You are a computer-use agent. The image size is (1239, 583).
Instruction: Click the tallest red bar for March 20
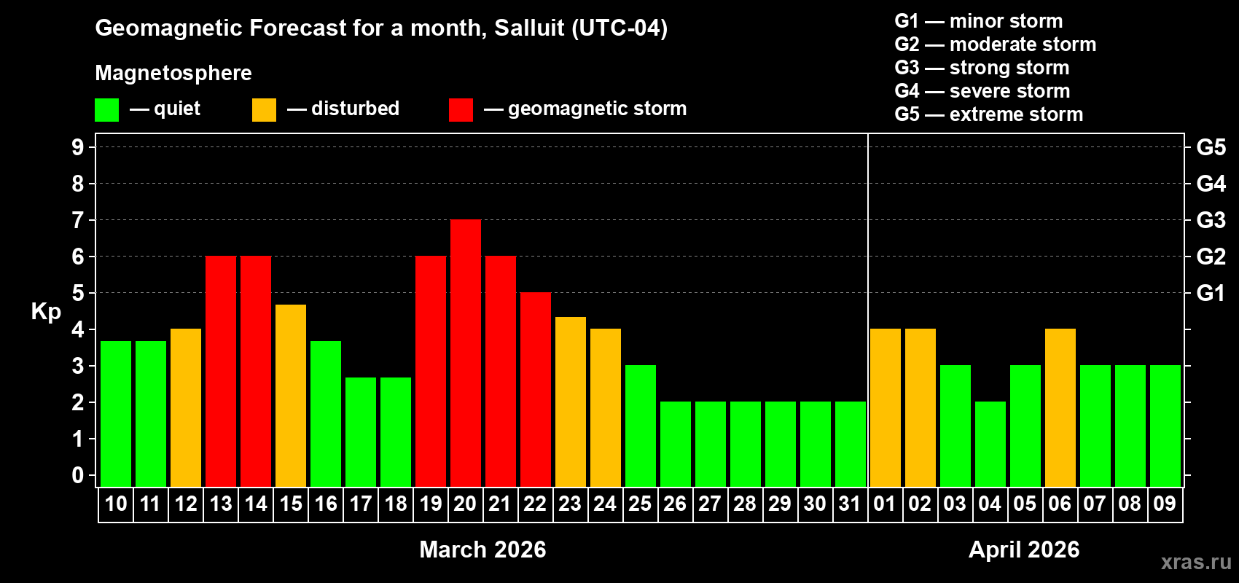click(466, 353)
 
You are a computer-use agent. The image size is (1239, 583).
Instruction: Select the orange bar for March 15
click(291, 395)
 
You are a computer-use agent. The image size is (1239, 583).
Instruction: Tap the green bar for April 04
click(990, 444)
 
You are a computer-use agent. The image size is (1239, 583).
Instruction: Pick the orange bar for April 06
click(1060, 407)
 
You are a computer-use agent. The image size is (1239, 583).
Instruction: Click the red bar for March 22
click(536, 389)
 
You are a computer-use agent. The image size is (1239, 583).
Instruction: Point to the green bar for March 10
click(116, 413)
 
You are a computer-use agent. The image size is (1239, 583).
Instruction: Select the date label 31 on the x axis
click(850, 504)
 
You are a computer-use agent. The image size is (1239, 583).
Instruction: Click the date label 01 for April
click(885, 504)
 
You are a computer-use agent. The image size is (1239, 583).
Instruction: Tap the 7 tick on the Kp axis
click(78, 220)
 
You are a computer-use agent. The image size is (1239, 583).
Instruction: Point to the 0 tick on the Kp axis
click(78, 475)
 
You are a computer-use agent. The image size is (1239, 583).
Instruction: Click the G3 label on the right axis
click(1211, 220)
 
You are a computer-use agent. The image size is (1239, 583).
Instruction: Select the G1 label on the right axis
click(1211, 293)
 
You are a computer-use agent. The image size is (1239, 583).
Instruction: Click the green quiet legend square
click(107, 110)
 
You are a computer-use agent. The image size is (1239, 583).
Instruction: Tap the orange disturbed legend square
click(265, 110)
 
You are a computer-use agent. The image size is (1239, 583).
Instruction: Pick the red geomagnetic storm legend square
click(461, 110)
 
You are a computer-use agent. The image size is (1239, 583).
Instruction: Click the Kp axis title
click(46, 312)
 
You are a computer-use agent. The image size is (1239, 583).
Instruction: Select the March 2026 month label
click(482, 549)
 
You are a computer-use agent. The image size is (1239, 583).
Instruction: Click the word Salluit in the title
click(529, 28)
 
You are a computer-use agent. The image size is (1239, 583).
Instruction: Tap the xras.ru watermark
click(1196, 562)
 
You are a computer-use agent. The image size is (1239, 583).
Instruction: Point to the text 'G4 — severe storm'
click(982, 91)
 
